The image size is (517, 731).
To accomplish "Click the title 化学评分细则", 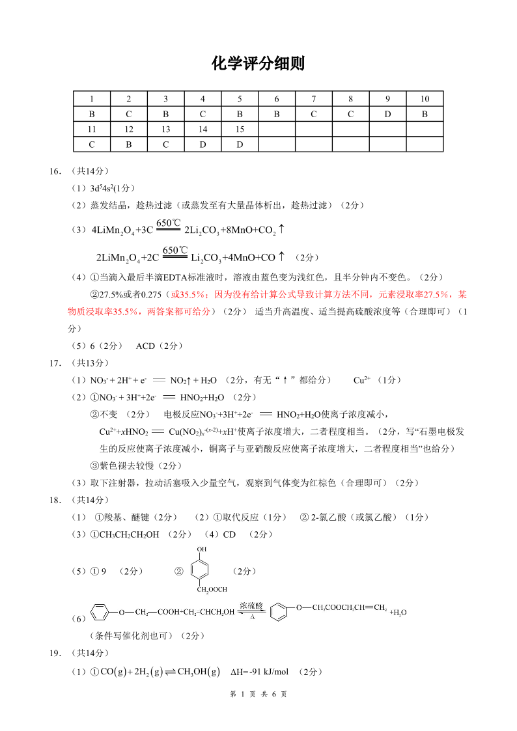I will pos(258,64).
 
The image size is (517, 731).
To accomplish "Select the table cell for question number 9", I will pos(387,99).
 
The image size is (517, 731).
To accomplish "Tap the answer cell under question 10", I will pos(425,114).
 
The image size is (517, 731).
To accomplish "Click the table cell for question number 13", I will pos(165,129).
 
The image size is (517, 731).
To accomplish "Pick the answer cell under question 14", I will pos(203,144).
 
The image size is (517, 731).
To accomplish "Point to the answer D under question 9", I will pos(387,114).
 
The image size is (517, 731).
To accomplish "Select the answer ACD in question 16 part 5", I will pos(145,346).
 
